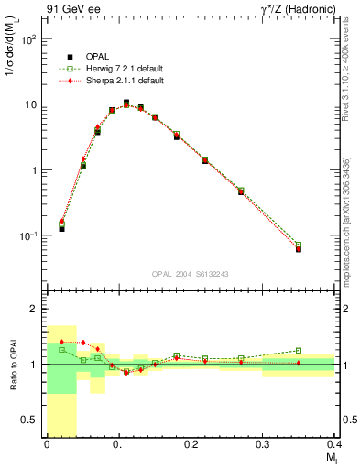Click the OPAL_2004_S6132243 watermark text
click(x=191, y=273)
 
